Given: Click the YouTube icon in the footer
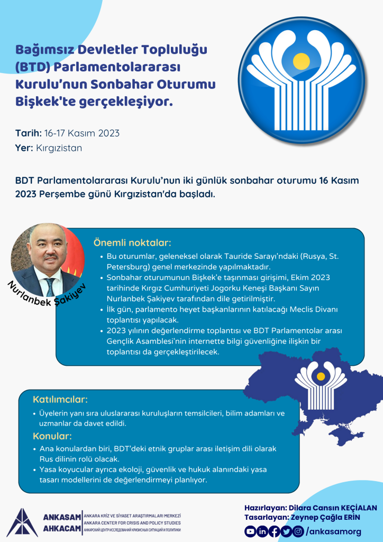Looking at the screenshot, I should pos(250,531).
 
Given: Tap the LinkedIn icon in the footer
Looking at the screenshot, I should pos(262,531).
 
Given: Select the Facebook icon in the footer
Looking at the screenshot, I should pos(274,531).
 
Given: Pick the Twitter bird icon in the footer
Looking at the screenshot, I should pos(286,531).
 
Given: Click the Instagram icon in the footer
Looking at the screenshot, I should pos(298,531).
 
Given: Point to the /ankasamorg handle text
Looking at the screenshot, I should pos(334,531).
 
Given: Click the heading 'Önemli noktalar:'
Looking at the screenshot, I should pos(132,243).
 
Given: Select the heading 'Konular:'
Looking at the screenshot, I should pos(52,437).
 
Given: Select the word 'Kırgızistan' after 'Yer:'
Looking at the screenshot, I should pos(59,148).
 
